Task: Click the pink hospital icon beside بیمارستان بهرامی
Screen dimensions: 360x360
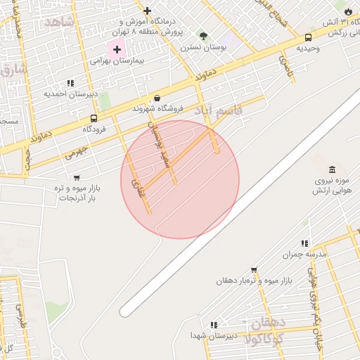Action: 117,49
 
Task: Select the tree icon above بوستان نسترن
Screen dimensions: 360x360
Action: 203,36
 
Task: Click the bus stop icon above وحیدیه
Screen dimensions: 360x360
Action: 309,37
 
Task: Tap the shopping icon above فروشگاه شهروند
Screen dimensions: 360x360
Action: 157,98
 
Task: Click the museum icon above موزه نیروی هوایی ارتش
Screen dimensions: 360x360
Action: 332,169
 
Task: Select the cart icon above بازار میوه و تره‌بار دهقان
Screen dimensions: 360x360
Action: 254,269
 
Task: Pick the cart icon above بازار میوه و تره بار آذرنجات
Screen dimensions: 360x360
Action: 77,177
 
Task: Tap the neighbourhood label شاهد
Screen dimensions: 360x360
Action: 58,22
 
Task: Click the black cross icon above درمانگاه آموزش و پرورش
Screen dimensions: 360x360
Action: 147,11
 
